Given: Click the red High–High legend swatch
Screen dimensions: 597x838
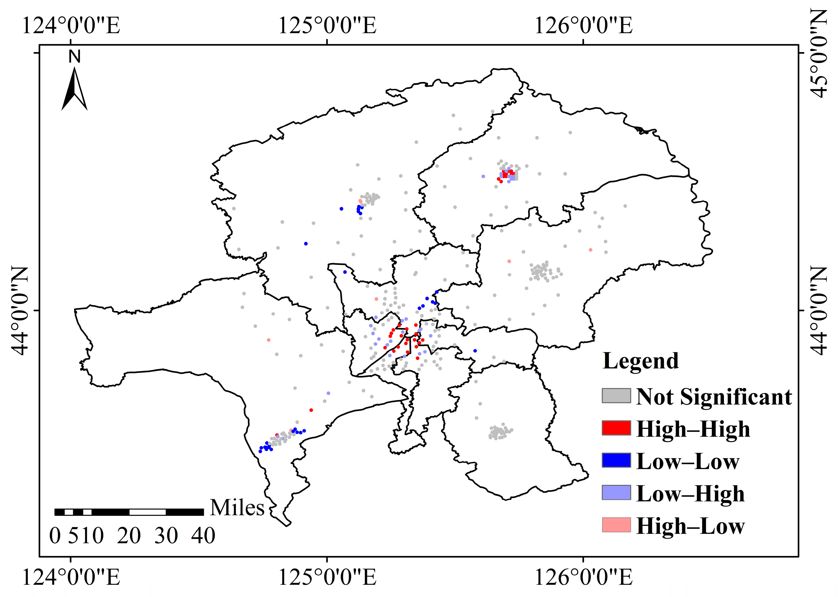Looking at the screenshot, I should pyautogui.click(x=616, y=428).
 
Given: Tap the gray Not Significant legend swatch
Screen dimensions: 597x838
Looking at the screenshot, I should pyautogui.click(x=616, y=396).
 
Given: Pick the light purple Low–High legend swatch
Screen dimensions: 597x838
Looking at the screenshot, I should pyautogui.click(x=616, y=492).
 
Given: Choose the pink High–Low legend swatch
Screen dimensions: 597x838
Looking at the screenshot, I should pyautogui.click(x=616, y=525).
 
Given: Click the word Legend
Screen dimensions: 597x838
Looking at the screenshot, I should pyautogui.click(x=641, y=361).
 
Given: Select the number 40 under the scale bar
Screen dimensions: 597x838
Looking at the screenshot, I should pyautogui.click(x=203, y=536).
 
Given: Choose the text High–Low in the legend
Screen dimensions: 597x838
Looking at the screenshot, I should pyautogui.click(x=690, y=526).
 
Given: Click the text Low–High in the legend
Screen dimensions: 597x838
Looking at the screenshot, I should pyautogui.click(x=690, y=493).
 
